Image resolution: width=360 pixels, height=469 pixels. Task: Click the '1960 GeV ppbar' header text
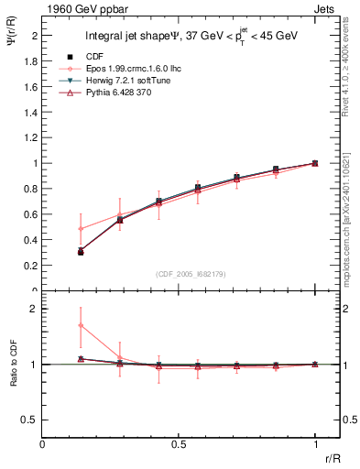(81, 7)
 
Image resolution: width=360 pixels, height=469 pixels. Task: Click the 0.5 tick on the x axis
(179, 443)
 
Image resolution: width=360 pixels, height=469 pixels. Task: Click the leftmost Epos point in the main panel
(81, 228)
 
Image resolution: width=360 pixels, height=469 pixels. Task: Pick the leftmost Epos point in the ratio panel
(81, 325)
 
